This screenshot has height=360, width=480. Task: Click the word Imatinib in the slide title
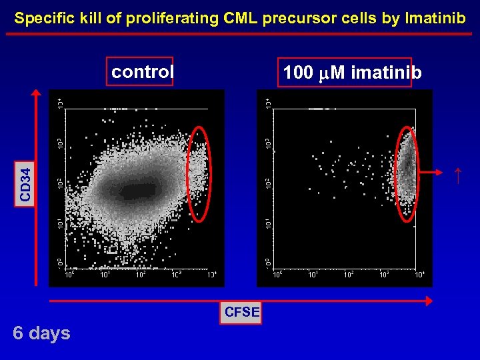[434, 18]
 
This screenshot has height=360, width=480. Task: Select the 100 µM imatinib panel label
[352, 73]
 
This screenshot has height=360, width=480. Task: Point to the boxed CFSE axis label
[242, 311]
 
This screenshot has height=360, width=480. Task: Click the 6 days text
[41, 333]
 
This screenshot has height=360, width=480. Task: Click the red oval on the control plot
[199, 173]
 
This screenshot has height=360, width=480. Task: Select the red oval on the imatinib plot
[406, 173]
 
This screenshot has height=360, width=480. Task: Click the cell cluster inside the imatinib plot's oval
[407, 167]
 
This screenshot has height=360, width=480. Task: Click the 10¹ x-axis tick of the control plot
[105, 274]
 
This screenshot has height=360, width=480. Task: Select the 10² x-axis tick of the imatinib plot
[349, 274]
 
